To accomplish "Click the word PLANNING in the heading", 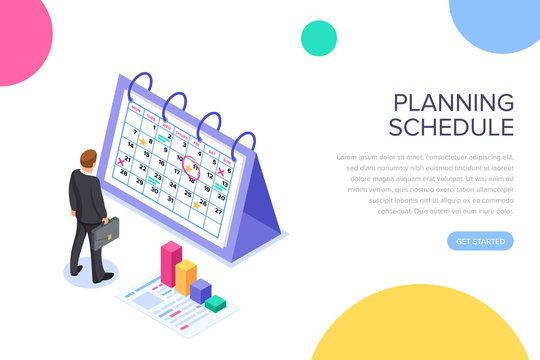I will coord(453,103).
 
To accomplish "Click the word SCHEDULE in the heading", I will coord(451,127).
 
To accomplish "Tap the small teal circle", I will coord(319,38).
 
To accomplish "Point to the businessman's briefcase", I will coord(105,232).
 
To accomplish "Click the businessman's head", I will coord(89,160).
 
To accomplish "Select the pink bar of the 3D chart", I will coord(171,262).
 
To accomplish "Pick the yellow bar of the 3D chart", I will coord(186,276).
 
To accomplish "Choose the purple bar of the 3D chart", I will coord(201,290).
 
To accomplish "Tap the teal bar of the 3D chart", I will coord(215,302).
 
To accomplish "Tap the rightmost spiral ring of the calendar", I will coord(238,125).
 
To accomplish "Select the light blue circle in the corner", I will coord(497,22).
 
